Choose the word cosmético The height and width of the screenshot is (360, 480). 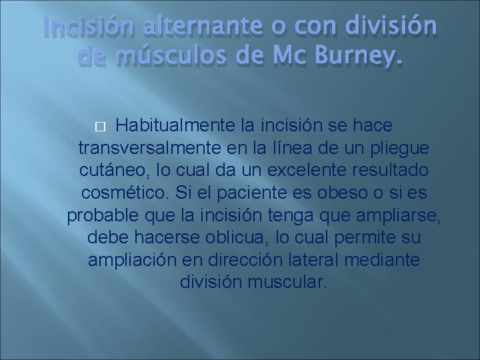[125, 193]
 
